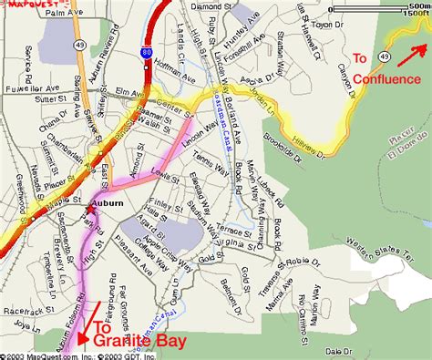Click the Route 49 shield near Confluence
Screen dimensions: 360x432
click(x=387, y=57)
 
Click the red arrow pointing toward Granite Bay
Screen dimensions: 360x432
click(x=88, y=326)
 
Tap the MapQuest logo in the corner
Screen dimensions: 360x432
click(x=24, y=5)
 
